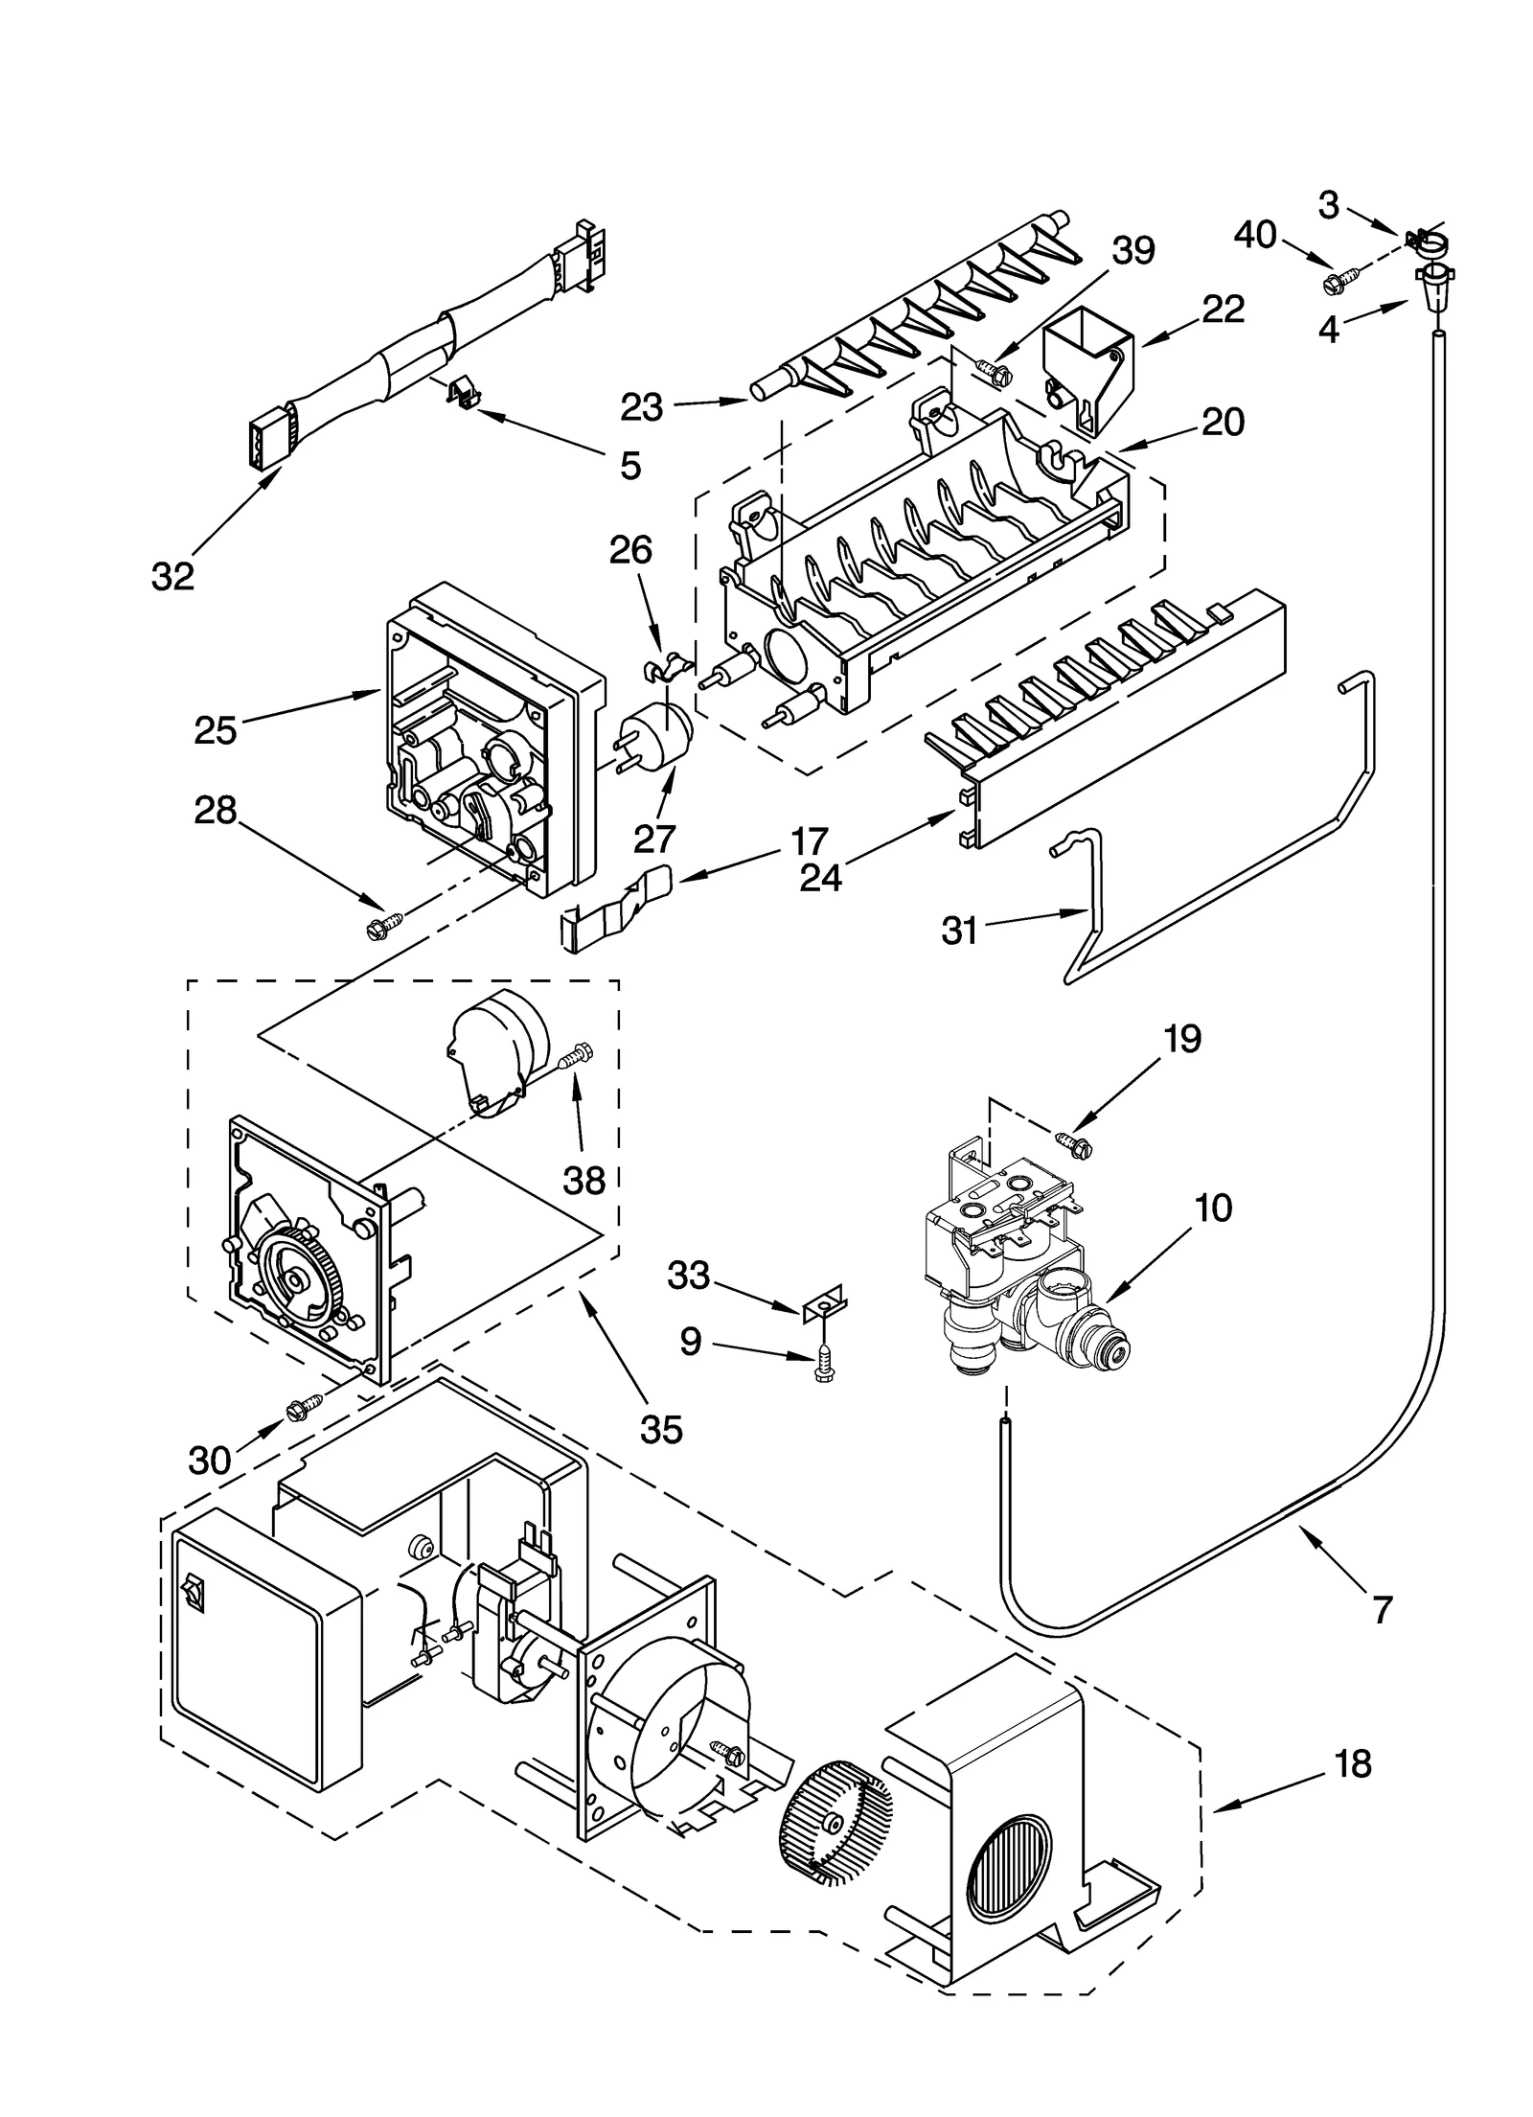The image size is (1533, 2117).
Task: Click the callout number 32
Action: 172,576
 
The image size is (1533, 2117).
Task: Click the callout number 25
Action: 215,730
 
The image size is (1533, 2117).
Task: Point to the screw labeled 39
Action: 992,372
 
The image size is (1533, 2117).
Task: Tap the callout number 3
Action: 1328,204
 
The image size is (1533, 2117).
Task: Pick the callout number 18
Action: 1352,1763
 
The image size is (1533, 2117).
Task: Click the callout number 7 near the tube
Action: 1380,1610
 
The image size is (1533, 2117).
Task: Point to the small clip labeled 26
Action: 668,665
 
